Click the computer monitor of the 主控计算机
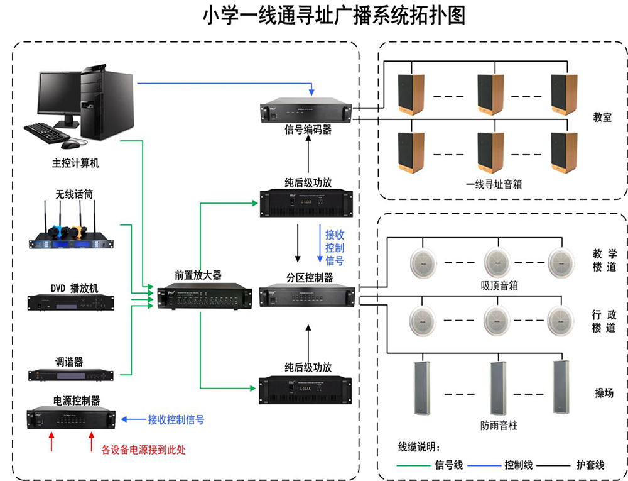point(60,94)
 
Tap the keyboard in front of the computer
point(46,131)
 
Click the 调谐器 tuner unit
point(70,375)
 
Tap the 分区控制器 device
point(308,296)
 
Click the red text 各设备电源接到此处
point(144,450)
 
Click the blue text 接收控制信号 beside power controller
point(175,419)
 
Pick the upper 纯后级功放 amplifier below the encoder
point(307,204)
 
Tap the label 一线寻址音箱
point(494,185)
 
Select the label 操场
point(604,394)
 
